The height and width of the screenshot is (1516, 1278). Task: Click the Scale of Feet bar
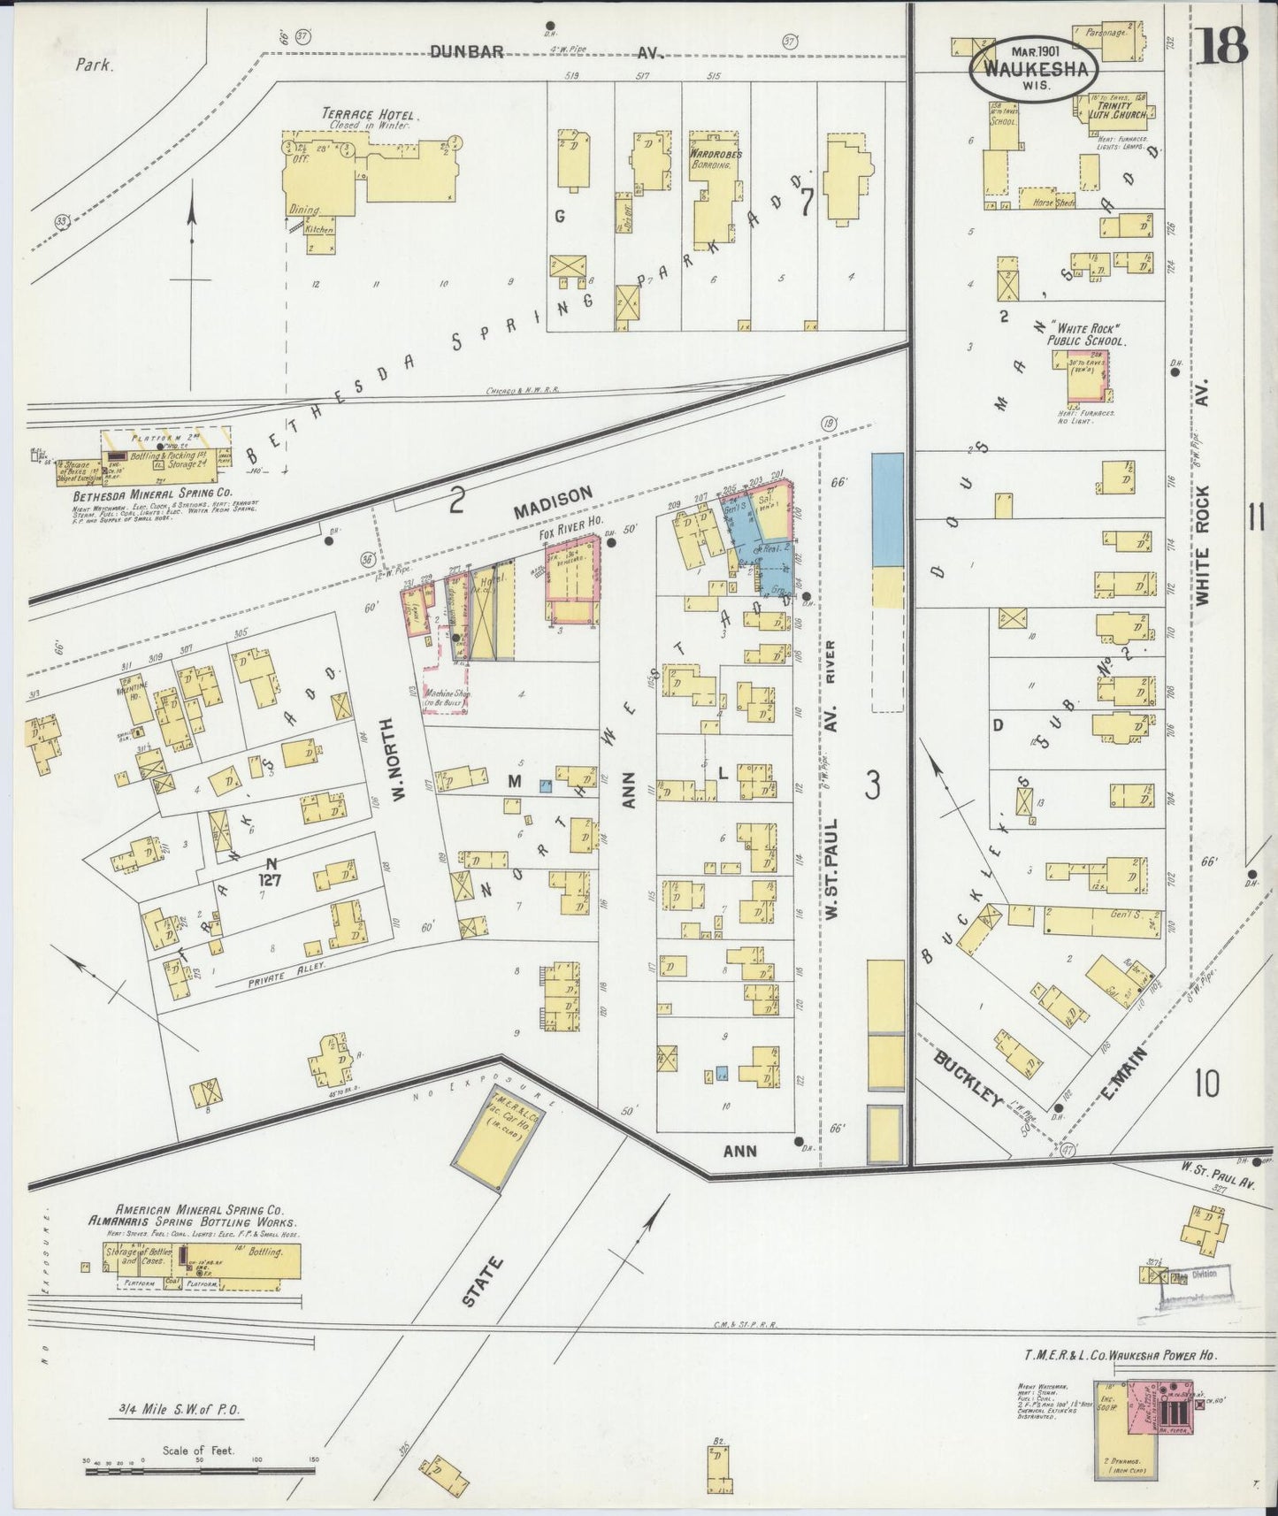(x=200, y=1472)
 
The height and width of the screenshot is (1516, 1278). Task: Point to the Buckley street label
(x=969, y=1079)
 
